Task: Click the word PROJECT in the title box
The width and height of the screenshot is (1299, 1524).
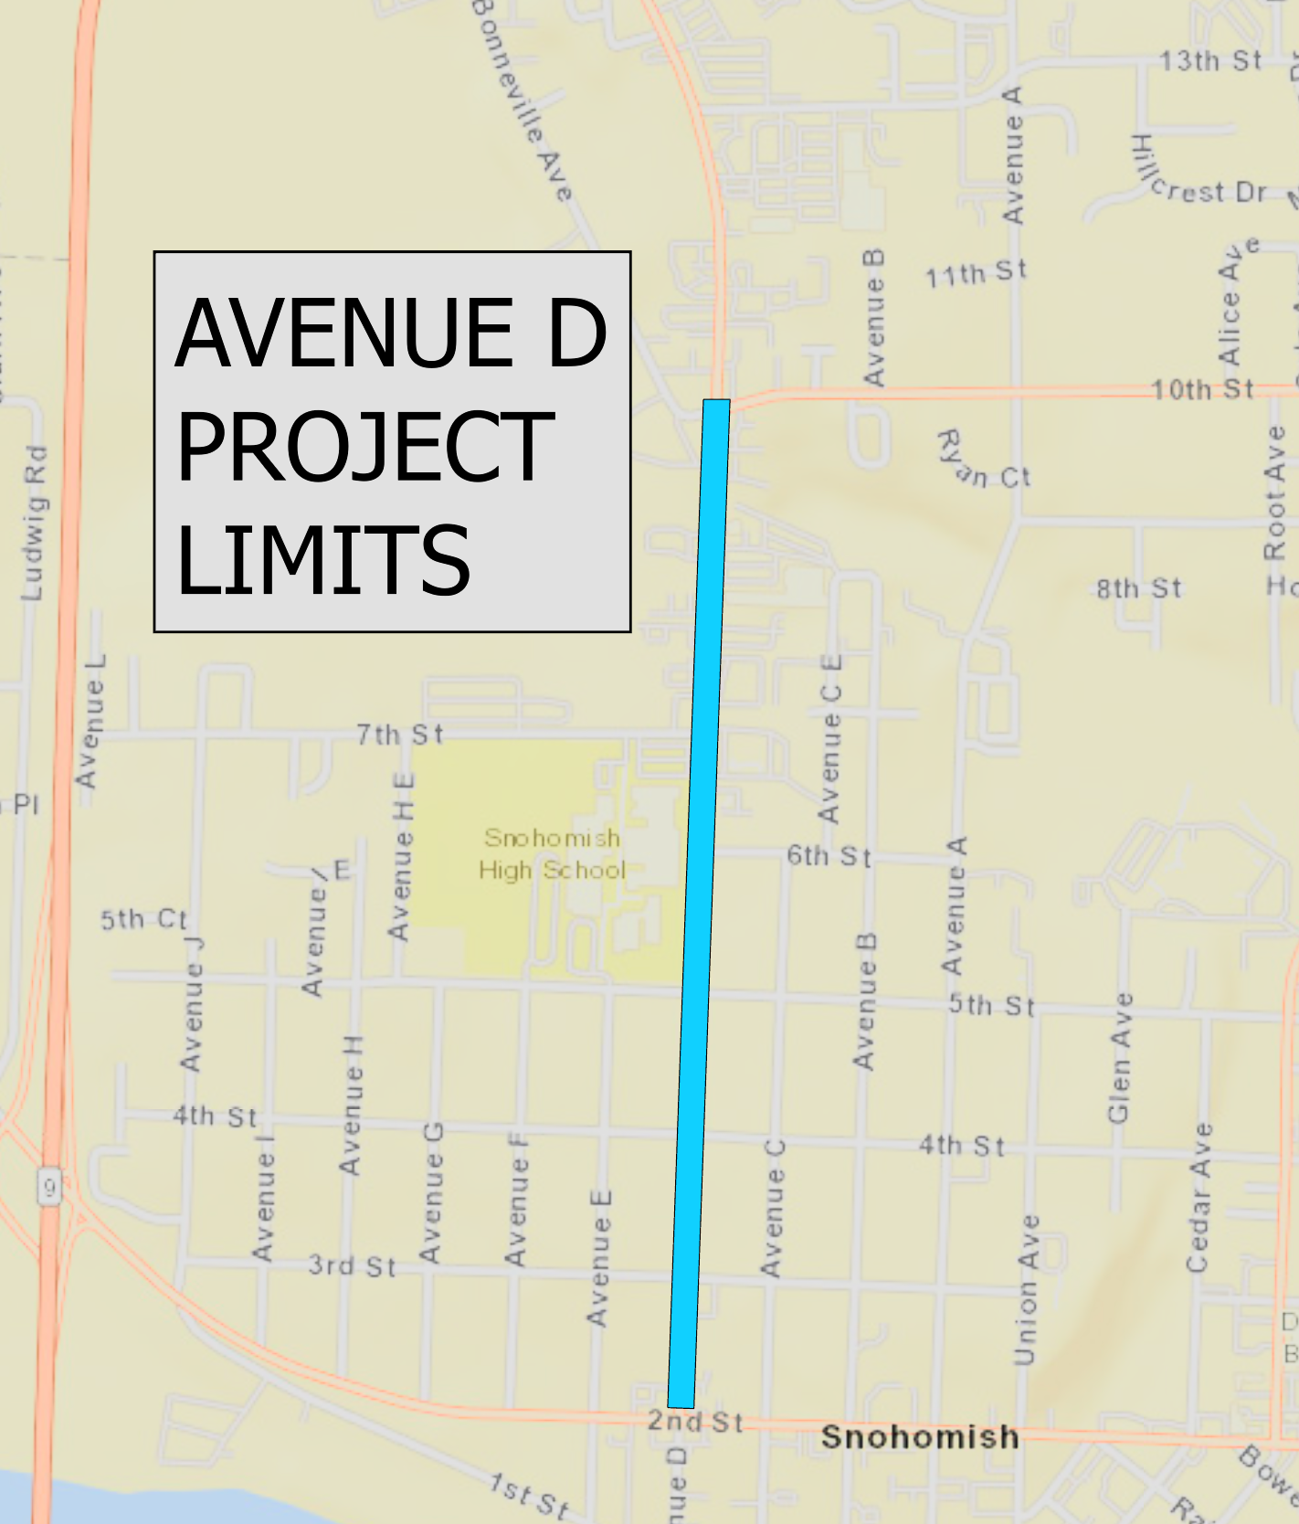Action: (x=364, y=447)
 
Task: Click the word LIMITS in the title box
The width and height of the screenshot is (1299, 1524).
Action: (x=322, y=559)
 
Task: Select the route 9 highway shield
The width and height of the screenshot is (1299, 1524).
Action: (x=49, y=1189)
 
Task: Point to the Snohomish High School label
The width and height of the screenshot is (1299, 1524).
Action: (x=552, y=853)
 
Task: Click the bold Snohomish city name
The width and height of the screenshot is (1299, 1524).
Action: (x=919, y=1436)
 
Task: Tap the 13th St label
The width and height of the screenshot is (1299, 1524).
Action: (x=1210, y=61)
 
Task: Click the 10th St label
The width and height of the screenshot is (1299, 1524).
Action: (x=1202, y=389)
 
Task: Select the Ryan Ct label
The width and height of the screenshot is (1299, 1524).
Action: (x=984, y=462)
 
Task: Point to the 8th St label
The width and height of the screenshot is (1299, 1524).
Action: (x=1139, y=588)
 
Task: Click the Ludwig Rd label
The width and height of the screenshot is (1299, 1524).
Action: (x=34, y=523)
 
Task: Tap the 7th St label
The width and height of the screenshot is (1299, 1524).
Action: (x=399, y=734)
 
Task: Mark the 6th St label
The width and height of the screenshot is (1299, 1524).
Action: (x=829, y=856)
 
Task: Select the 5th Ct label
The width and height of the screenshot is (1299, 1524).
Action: (x=143, y=919)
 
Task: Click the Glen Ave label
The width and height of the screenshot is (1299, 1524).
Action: (x=1120, y=1058)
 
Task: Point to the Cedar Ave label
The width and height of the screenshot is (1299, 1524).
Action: (x=1199, y=1197)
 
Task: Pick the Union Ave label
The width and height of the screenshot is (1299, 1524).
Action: (x=1028, y=1289)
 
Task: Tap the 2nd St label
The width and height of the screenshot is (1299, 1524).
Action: (x=695, y=1421)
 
